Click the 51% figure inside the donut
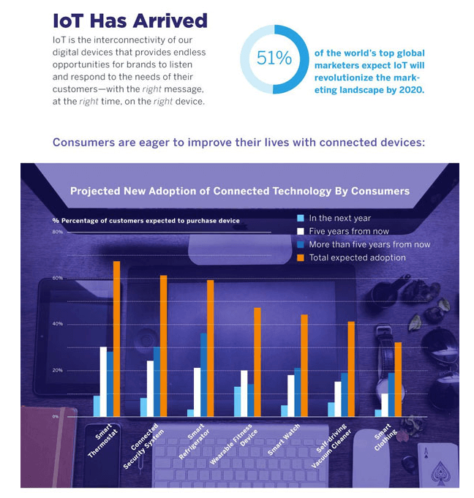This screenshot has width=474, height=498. (x=274, y=59)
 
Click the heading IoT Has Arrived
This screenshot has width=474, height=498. (x=130, y=20)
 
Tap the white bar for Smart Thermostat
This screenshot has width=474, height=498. (x=103, y=382)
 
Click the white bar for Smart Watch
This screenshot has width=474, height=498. (x=290, y=396)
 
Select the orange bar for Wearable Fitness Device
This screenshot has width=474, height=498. (x=257, y=362)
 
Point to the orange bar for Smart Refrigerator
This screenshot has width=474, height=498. (x=210, y=348)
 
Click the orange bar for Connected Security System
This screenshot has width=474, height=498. (x=163, y=346)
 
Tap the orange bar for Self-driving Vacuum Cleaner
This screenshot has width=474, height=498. (x=351, y=369)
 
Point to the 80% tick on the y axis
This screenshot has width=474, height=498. (x=57, y=232)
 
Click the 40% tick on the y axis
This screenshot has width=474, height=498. (x=57, y=324)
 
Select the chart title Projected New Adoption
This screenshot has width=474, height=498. (x=239, y=192)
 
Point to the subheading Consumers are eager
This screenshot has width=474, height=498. (x=238, y=142)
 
